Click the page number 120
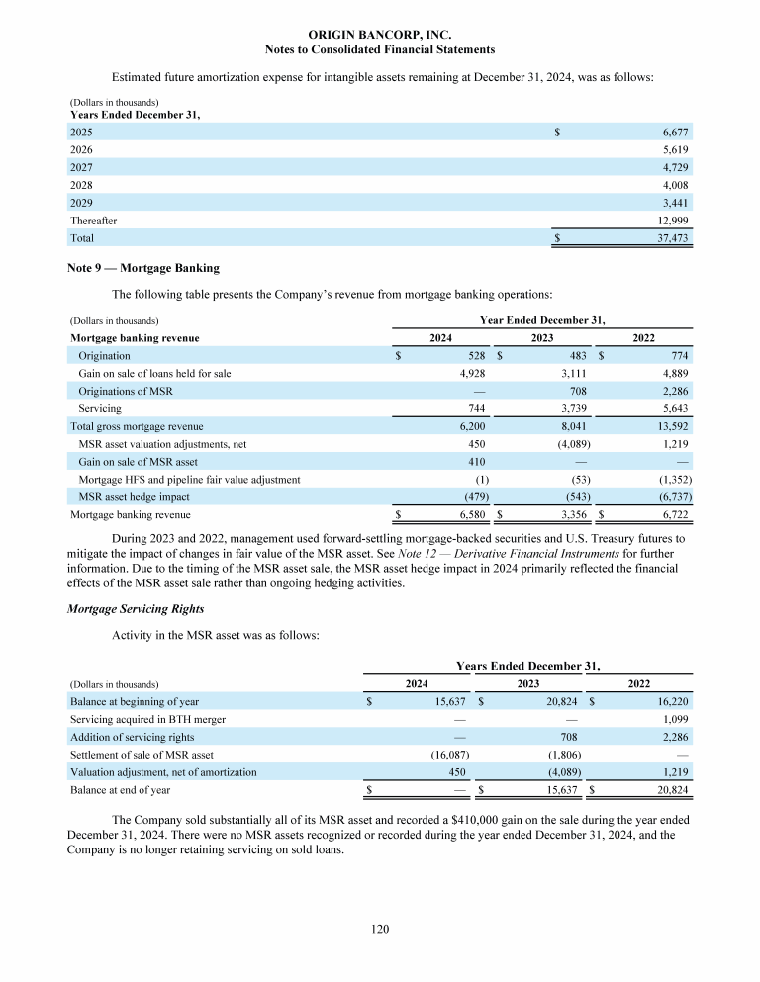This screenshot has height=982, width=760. tap(380, 929)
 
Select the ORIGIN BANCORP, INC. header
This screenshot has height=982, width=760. tap(380, 35)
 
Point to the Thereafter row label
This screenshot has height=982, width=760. tap(93, 221)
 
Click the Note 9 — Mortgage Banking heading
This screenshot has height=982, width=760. tap(142, 268)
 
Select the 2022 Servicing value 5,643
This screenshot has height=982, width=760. tap(672, 408)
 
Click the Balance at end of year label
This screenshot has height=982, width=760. tap(120, 790)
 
